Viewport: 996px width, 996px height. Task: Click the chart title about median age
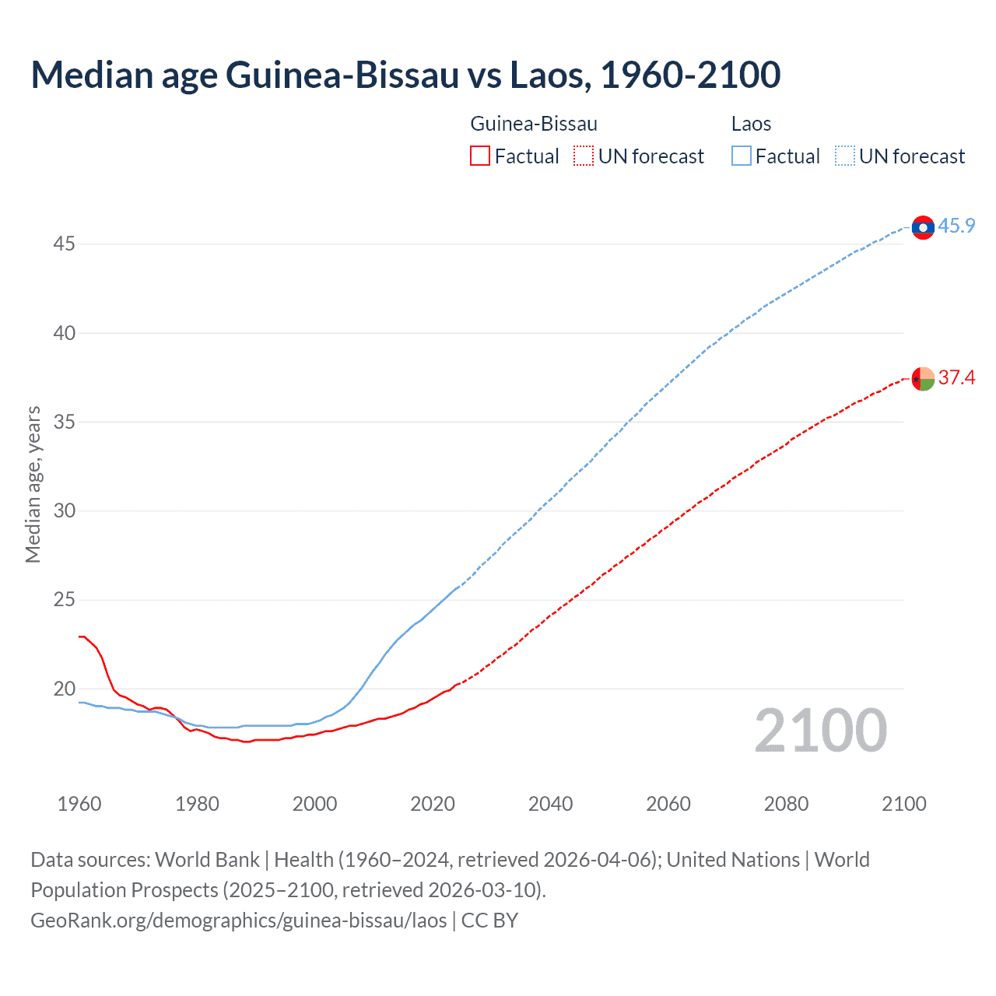coord(405,75)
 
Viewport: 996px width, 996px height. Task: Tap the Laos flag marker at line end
coord(923,227)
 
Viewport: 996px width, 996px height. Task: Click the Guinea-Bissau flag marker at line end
coord(923,379)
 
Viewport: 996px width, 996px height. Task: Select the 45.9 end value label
coord(956,226)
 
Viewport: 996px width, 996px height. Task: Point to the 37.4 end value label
coord(956,378)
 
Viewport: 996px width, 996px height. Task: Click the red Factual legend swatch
coord(480,156)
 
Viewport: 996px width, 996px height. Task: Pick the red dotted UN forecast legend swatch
coord(584,156)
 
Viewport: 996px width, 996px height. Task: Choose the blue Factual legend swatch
coord(742,156)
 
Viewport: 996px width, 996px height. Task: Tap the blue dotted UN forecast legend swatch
coord(845,156)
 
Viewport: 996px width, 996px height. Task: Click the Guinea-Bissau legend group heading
coord(534,124)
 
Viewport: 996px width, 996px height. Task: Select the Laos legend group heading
coord(751,124)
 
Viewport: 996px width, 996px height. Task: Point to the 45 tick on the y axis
coord(64,244)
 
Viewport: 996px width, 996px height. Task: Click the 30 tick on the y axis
coord(64,511)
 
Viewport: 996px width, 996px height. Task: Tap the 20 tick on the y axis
coord(64,689)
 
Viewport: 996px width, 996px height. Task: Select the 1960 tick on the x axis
coord(79,804)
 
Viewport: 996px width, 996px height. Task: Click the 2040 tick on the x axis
coord(550,804)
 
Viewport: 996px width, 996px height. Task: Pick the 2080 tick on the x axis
coord(786,804)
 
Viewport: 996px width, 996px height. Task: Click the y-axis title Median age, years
coord(33,484)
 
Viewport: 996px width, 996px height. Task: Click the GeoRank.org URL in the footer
coord(239,921)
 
